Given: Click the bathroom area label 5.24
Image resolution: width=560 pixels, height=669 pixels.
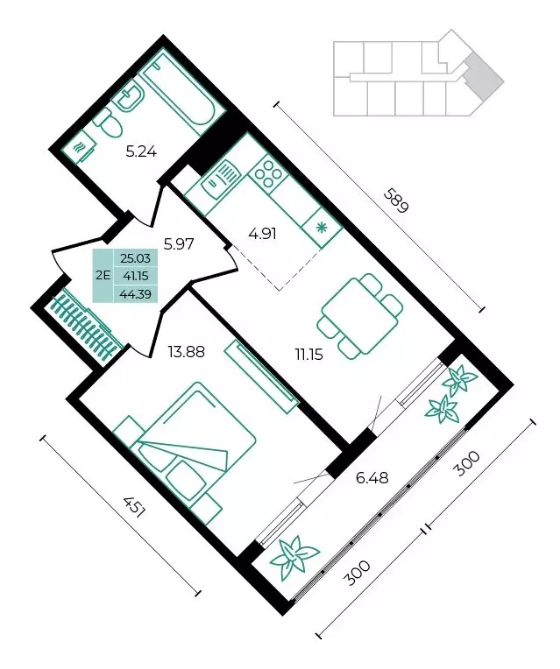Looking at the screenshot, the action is click(x=141, y=151).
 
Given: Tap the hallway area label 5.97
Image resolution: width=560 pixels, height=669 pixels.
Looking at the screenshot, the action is click(x=179, y=243).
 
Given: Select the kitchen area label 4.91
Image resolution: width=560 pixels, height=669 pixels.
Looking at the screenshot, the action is click(x=263, y=234).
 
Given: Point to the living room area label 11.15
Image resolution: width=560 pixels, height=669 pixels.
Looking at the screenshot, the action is click(x=308, y=354).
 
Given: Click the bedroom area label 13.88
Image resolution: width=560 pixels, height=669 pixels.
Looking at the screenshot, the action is click(x=187, y=352).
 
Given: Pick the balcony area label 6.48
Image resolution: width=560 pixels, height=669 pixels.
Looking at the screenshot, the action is click(x=372, y=477).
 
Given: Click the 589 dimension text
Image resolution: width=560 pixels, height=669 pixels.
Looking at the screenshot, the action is click(x=397, y=201).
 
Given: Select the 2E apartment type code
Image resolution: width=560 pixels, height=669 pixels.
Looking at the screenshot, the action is click(x=103, y=275).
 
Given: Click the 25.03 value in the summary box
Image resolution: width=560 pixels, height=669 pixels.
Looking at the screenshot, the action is click(x=136, y=258).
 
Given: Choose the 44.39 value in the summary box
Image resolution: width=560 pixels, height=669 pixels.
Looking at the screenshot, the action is click(x=136, y=293).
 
